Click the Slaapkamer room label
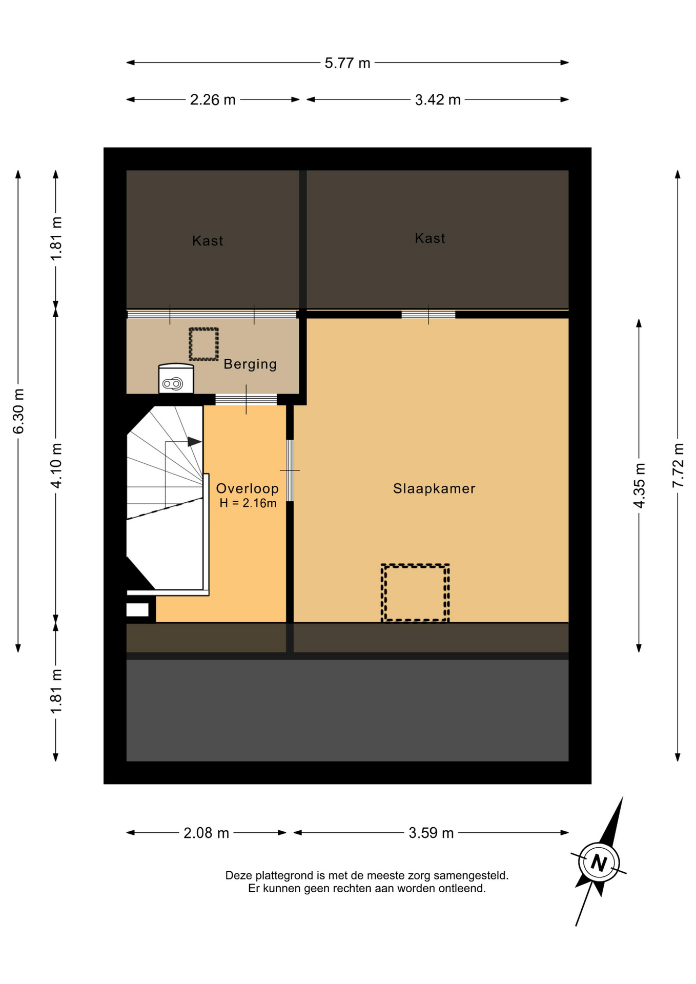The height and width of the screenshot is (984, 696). pos(434,488)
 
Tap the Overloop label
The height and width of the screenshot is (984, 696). pos(248,488)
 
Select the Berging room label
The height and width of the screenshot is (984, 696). pos(250,364)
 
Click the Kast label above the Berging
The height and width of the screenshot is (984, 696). pos(208,241)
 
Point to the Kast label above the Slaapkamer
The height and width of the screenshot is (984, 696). pos(430,238)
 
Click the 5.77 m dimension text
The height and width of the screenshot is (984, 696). pos(347,63)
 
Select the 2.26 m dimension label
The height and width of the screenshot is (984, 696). pos(213,100)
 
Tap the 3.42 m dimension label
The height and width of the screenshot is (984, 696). pos(438,100)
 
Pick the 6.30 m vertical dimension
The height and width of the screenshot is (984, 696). pos(18,411)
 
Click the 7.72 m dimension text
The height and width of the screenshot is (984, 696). pos(678,465)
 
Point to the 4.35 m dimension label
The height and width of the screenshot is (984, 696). pos(639,485)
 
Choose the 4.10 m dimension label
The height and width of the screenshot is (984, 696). pos(56,465)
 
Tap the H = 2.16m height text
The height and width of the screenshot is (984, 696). pos(248,503)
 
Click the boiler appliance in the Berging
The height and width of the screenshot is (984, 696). pos(176,378)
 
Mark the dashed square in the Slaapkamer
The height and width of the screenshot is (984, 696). pos(415,593)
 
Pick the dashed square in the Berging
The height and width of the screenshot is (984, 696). pos(204,344)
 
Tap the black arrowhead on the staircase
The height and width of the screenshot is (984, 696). pos(194,441)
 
